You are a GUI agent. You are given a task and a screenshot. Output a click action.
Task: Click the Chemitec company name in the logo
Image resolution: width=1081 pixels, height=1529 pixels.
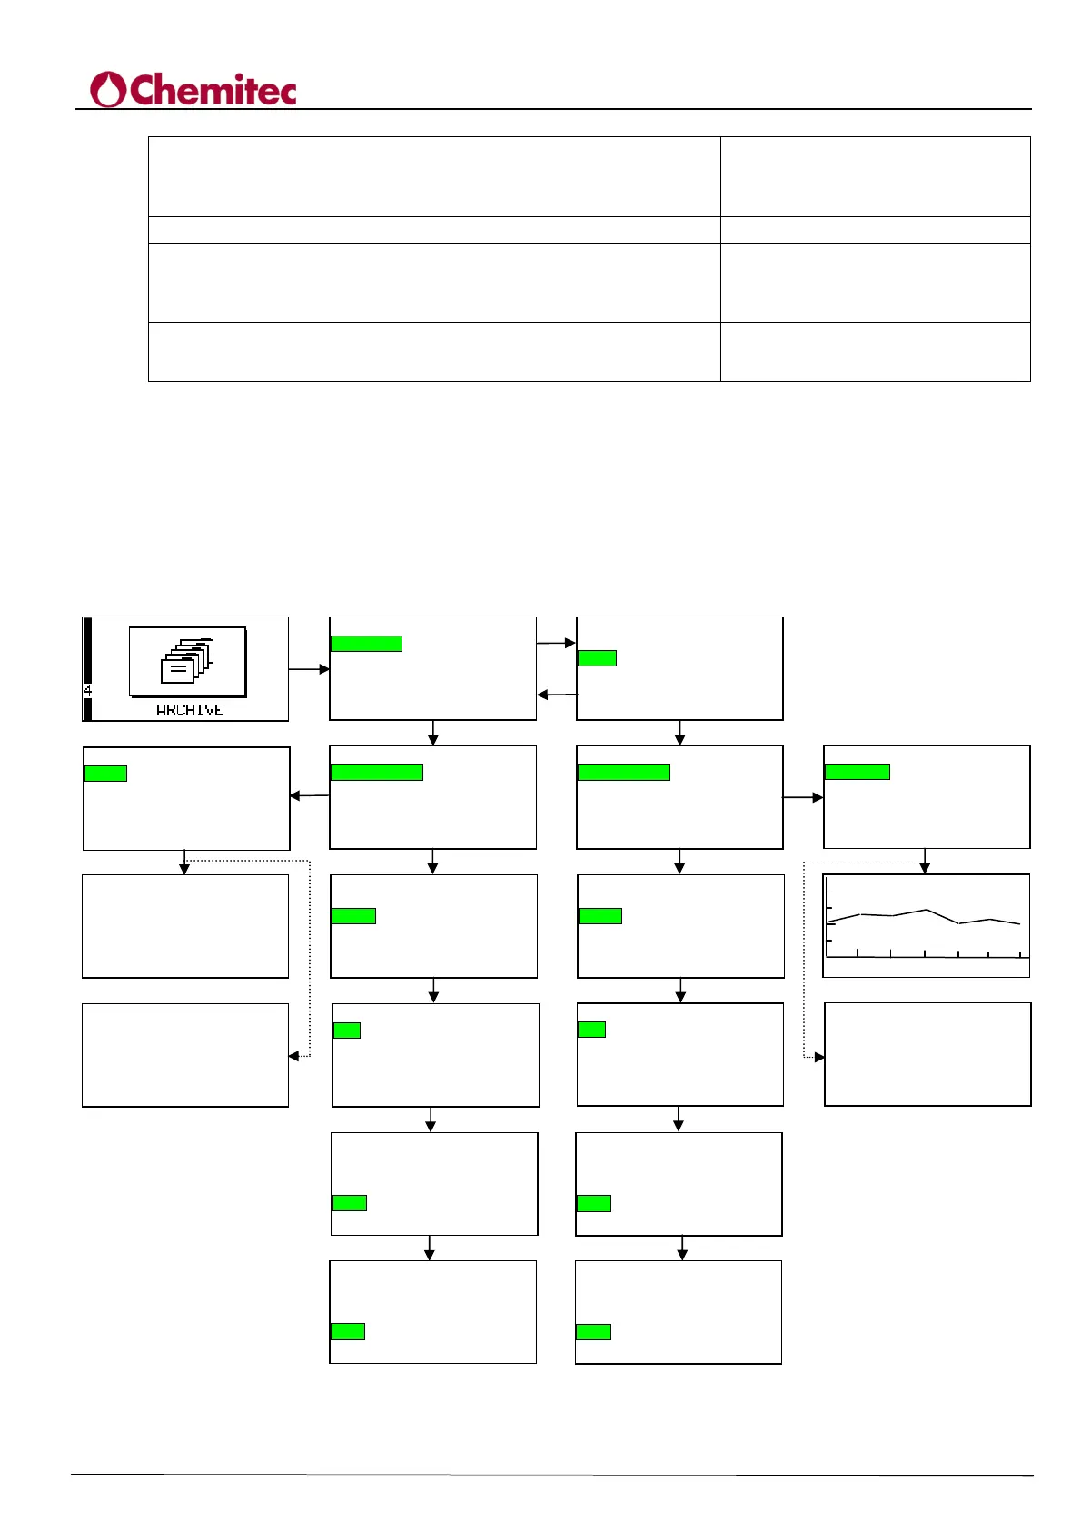[213, 91]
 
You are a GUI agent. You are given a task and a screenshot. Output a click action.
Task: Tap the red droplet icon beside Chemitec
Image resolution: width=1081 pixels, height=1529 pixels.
[108, 90]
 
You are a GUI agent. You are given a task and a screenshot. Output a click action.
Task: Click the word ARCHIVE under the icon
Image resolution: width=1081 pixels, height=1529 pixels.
[190, 710]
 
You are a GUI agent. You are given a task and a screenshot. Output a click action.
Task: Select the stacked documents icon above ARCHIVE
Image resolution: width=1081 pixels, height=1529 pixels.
[186, 661]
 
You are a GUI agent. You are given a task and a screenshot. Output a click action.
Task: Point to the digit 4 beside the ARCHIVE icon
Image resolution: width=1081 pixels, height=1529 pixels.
[87, 690]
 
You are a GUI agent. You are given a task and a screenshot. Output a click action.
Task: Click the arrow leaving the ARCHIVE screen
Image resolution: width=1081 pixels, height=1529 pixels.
[309, 669]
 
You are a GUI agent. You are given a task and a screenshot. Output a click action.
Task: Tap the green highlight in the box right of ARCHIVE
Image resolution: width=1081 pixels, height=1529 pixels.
[366, 644]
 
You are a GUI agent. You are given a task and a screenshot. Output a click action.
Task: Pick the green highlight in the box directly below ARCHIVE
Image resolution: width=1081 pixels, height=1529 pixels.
[105, 774]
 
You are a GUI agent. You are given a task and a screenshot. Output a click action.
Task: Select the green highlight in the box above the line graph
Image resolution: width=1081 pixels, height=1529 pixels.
[857, 772]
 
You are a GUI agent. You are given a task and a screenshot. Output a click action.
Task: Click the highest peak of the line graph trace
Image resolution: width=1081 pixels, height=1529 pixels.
[926, 910]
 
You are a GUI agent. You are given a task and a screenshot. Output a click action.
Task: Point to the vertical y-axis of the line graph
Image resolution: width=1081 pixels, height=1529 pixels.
[827, 922]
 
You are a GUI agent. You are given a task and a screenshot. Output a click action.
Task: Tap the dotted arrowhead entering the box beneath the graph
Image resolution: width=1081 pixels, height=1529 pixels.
[819, 1057]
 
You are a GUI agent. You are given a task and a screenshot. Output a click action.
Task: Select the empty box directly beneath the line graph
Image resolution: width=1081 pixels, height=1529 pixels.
[927, 1054]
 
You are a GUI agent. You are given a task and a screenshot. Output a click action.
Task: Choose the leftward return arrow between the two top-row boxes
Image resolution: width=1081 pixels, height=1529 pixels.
[556, 695]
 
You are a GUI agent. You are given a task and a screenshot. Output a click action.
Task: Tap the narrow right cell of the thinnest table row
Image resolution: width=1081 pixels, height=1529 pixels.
[875, 230]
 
